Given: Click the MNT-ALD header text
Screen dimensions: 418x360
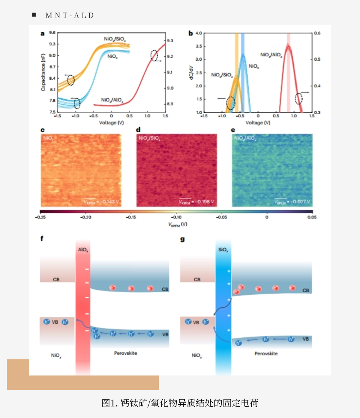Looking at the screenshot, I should pyautogui.click(x=70, y=15).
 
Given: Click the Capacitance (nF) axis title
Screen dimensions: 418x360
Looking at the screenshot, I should pyautogui.click(x=43, y=72).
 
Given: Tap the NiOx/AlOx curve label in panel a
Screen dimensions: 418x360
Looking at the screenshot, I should pyautogui.click(x=112, y=100).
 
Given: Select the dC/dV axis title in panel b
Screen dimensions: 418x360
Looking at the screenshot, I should pyautogui.click(x=191, y=72).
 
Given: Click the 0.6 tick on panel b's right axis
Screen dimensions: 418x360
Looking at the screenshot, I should pyautogui.click(x=317, y=33).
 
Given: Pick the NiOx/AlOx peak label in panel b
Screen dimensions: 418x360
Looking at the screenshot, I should pyautogui.click(x=271, y=55).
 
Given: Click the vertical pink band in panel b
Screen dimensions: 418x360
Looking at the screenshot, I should pyautogui.click(x=288, y=72).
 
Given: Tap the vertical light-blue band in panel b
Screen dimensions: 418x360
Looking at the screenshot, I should pyautogui.click(x=243, y=72).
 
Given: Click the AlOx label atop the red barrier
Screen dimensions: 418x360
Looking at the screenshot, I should pyautogui.click(x=83, y=250).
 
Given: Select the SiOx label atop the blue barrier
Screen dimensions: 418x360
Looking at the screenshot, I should pyautogui.click(x=223, y=250).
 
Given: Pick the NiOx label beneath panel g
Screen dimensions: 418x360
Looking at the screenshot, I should pyautogui.click(x=197, y=356).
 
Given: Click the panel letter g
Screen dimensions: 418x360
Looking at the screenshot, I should pyautogui.click(x=183, y=239).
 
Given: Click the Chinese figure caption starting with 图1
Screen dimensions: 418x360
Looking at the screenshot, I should pyautogui.click(x=180, y=403).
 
